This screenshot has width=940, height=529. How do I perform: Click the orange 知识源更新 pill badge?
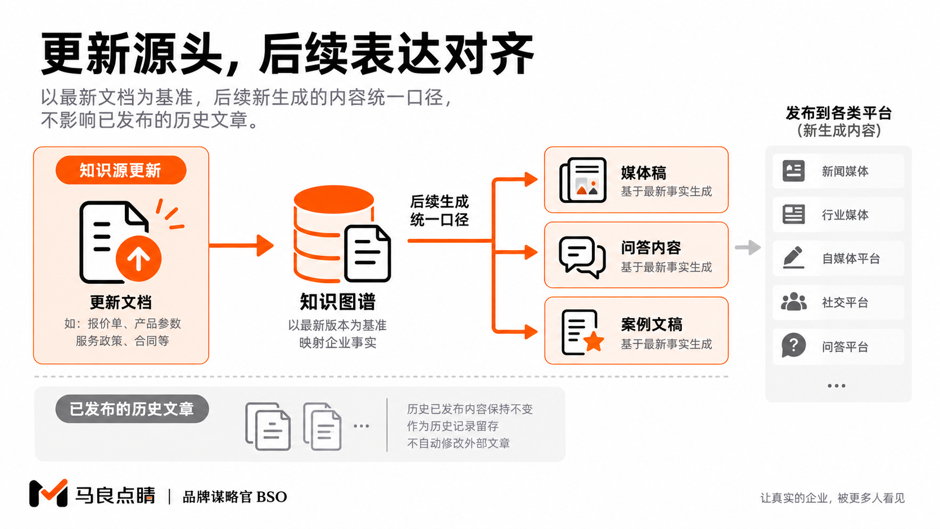121,170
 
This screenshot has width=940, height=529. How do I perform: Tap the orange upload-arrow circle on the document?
138,259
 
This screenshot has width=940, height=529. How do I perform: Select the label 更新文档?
121,302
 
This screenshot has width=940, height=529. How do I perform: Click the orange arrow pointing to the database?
241,245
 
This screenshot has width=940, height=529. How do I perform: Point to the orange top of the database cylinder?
333,199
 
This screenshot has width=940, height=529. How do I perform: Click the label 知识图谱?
337,302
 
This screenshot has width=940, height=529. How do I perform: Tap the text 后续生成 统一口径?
439,211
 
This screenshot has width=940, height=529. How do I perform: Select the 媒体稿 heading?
643,173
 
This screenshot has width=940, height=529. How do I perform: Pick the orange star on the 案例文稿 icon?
594,341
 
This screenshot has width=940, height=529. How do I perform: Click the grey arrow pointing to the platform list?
748,247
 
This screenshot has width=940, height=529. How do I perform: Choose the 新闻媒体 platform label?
845,171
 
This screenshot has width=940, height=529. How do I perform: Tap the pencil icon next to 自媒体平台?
793,257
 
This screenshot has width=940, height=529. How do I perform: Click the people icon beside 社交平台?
793,302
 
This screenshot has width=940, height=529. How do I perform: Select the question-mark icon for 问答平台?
793,346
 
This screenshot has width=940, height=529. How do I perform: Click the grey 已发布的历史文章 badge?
132,409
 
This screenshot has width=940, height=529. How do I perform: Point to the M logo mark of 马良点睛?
48,493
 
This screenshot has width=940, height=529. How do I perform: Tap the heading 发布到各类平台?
838,113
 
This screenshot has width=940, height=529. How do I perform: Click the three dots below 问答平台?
837,386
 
